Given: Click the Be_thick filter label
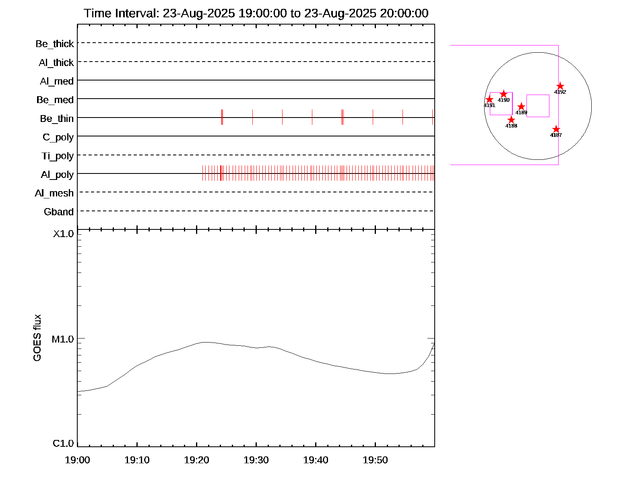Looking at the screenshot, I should [x=55, y=44].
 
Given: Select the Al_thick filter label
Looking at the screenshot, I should [x=56, y=63].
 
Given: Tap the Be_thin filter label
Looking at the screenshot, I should [x=57, y=119].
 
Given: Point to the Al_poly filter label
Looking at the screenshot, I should [x=57, y=175].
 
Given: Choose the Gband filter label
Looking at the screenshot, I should [x=59, y=212].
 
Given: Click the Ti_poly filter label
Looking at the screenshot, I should [x=58, y=156].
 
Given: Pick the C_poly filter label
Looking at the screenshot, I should [x=58, y=137].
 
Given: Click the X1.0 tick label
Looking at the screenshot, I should [x=64, y=234].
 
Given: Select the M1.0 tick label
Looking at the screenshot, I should [x=63, y=339].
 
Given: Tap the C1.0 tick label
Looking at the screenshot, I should [x=64, y=444].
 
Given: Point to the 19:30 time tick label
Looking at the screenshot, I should [x=256, y=460].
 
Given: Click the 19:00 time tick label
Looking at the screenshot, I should [x=77, y=460].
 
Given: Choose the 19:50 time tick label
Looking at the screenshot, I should [x=375, y=460].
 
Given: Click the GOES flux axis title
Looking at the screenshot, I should [x=37, y=338].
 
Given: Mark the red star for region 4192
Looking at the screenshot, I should [x=560, y=86].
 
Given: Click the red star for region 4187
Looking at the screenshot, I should [x=556, y=129].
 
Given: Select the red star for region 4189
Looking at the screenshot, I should [x=521, y=107].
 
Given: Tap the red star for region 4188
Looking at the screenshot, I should [x=511, y=120].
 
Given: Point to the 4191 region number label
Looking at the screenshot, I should [x=489, y=105].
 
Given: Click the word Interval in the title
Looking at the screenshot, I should [x=137, y=13].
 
